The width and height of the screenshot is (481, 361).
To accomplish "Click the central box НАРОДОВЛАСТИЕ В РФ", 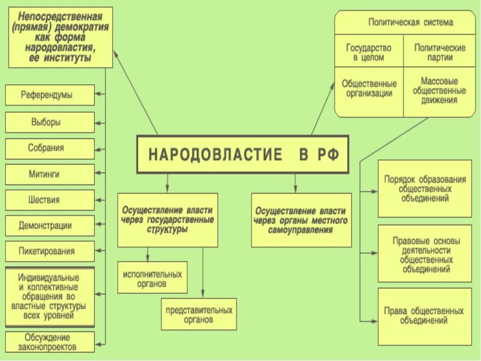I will (243, 154).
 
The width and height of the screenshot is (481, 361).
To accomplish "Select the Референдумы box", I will (50, 95).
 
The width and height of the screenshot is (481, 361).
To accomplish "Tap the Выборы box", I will (50, 122).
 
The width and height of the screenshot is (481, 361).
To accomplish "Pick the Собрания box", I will (50, 148).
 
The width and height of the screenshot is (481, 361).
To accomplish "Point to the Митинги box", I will (50, 174).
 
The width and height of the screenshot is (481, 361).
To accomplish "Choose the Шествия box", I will (50, 200).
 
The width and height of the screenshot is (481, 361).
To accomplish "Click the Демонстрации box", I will (50, 226).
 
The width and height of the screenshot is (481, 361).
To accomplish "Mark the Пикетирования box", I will (50, 251).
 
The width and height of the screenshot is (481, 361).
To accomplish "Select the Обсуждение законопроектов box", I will (50, 342).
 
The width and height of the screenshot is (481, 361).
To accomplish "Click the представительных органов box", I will (199, 314).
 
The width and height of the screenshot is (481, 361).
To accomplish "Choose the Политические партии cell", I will (439, 53).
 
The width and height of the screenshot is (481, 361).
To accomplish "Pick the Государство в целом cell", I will (369, 53).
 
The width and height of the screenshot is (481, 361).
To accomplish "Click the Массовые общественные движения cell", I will (439, 90).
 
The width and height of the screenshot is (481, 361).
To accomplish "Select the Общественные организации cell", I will (369, 88).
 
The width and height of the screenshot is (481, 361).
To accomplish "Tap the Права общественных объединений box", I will (424, 316).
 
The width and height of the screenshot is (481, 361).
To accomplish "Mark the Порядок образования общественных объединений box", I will (424, 189).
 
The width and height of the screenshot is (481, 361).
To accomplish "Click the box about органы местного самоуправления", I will (301, 221).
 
